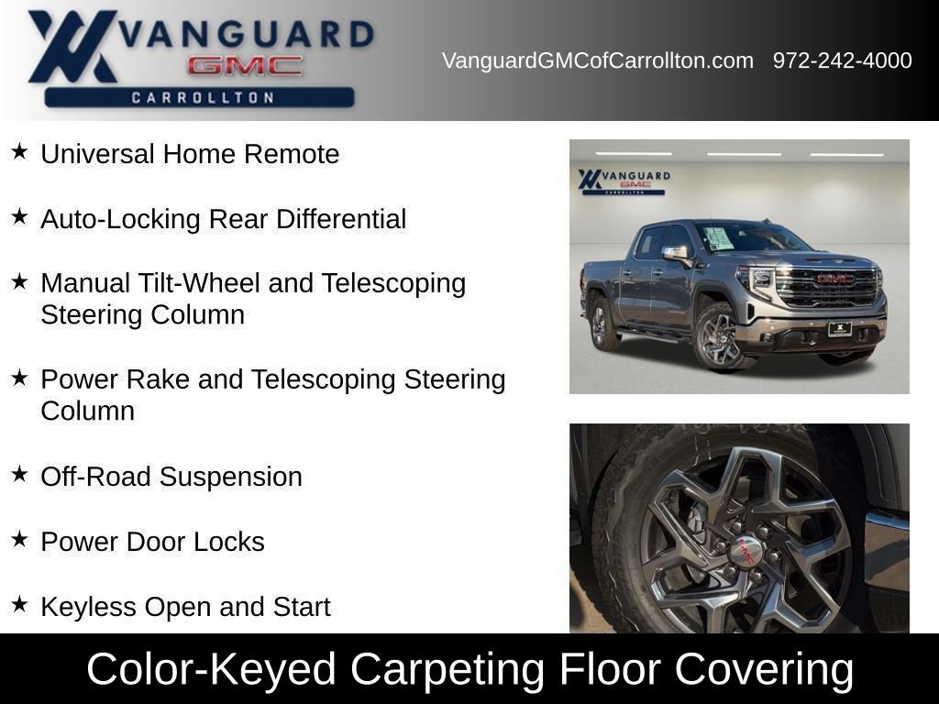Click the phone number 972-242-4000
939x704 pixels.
pos(842,60)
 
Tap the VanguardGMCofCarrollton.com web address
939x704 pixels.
pos(598,60)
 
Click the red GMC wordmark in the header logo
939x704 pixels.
pos(245,66)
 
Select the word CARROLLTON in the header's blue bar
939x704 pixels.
pos(203,97)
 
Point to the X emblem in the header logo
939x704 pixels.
pos(72,46)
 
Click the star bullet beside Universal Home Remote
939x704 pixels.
pos(19,151)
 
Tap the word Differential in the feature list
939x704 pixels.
pos(341,218)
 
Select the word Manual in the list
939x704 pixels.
pos(85,283)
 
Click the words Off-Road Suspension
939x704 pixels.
pos(171,477)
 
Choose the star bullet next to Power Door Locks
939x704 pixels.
pos(19,539)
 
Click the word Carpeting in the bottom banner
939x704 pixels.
pos(447,668)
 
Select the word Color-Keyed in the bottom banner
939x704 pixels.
pos(212,668)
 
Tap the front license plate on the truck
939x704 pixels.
pos(840,329)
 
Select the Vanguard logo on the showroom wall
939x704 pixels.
pos(624,181)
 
